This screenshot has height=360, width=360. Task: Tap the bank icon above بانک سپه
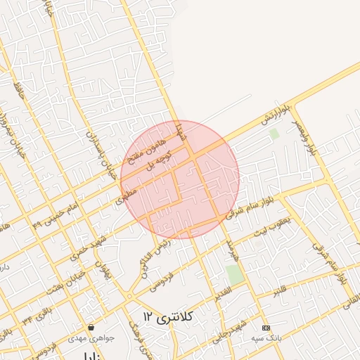point(266,328)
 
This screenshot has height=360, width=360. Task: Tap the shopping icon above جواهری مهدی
point(91,328)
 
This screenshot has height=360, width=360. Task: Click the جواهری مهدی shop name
point(91,338)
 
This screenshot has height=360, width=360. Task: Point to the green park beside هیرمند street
point(236,274)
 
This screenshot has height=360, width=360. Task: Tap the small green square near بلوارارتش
point(274,132)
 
